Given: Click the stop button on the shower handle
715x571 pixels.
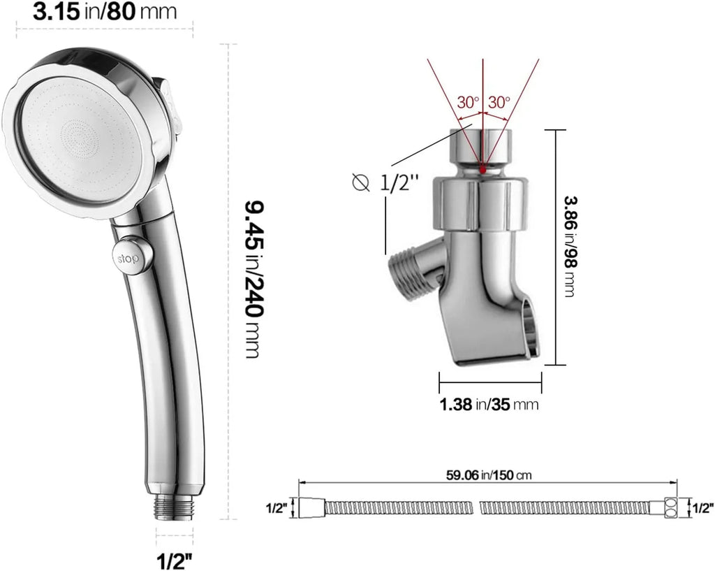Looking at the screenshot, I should click(128, 256).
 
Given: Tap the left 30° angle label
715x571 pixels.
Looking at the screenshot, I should click(468, 101).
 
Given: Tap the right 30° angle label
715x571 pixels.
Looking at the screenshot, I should click(499, 101).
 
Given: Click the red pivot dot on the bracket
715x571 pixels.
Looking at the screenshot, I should click(483, 168).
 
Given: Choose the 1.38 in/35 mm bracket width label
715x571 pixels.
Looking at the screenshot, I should click(489, 404).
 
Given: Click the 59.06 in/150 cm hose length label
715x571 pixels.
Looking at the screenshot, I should click(489, 475).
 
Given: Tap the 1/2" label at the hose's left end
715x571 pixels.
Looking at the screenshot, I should click(276, 508).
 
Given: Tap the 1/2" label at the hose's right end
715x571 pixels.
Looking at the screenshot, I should click(701, 508).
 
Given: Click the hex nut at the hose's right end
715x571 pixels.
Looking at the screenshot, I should click(670, 508).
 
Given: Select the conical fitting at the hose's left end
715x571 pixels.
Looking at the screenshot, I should click(309, 508).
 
